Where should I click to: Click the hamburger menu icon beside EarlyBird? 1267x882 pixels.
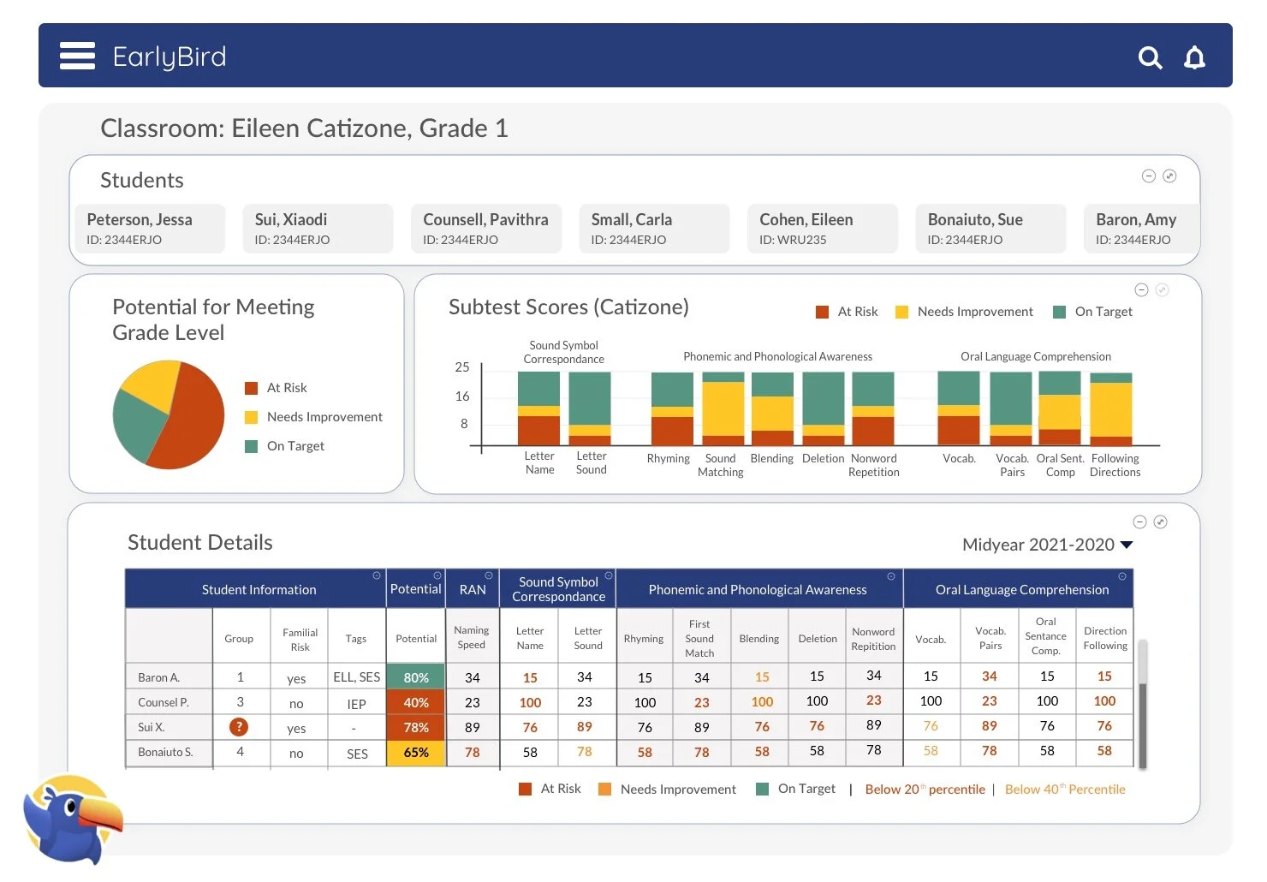tap(77, 56)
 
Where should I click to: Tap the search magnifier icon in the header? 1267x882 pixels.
tap(1150, 57)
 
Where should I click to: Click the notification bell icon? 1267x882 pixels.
tap(1194, 57)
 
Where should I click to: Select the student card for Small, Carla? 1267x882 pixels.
tap(654, 229)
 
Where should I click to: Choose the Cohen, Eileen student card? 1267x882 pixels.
tap(822, 229)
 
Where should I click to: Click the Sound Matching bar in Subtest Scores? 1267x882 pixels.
tap(723, 408)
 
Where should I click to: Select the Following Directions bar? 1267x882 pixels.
tap(1111, 408)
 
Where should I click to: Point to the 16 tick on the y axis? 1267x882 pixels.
tap(462, 396)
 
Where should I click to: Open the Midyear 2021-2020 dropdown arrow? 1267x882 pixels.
tap(1127, 545)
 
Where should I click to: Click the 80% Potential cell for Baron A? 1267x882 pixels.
tap(416, 677)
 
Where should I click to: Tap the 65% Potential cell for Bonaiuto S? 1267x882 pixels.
tap(416, 753)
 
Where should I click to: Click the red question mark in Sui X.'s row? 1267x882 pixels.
tap(239, 727)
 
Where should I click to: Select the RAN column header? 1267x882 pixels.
tap(473, 589)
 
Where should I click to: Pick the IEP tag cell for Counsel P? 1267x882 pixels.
tap(356, 704)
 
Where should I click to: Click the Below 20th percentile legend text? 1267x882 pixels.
tap(925, 790)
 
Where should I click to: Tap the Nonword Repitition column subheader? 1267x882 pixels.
tap(873, 639)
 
